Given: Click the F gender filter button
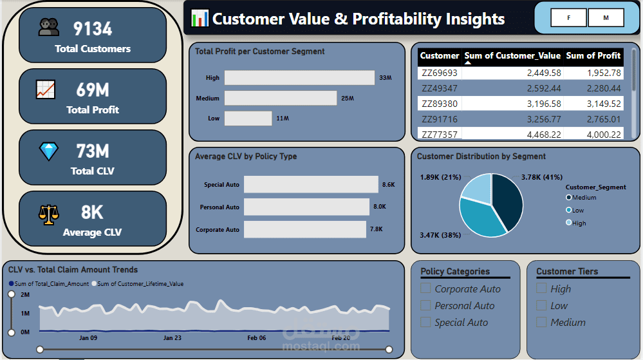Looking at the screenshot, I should (x=568, y=18).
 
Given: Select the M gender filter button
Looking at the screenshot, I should (x=606, y=18).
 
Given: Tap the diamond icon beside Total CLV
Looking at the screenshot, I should (x=48, y=152).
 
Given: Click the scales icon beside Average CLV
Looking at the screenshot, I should (x=48, y=213).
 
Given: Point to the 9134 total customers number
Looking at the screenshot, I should (x=93, y=28).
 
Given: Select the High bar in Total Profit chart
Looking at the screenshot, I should (x=299, y=77).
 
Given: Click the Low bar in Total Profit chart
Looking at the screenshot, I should (x=248, y=118).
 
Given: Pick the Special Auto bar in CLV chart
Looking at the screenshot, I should (x=311, y=185).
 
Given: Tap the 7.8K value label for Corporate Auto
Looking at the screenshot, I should (x=376, y=229).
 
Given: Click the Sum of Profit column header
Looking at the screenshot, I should (x=593, y=55).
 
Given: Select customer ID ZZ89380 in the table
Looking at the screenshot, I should (x=440, y=104).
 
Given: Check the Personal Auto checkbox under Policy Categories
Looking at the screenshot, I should (x=425, y=305).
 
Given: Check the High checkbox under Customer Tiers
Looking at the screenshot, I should (x=541, y=289).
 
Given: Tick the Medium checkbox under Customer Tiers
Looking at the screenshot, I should (x=541, y=322).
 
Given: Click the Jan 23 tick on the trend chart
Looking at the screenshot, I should (x=172, y=337).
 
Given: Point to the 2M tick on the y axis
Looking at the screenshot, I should (x=25, y=294).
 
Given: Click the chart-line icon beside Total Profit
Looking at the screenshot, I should (x=45, y=90).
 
